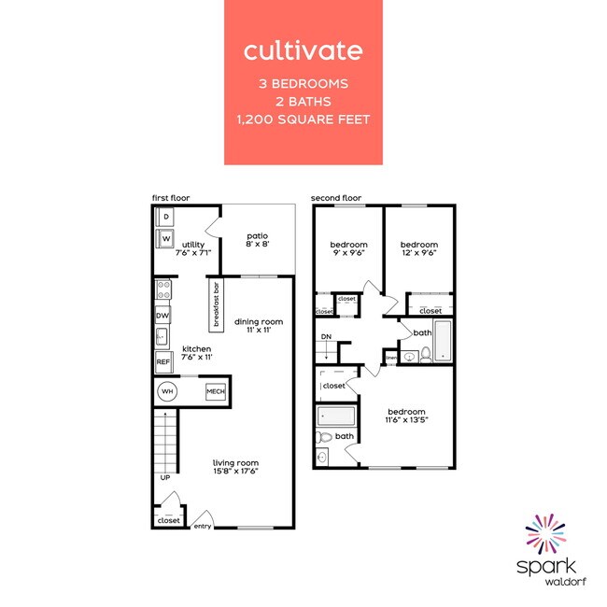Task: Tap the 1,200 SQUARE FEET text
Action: point(303,119)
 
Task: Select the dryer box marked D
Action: point(166,218)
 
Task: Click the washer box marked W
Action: point(166,239)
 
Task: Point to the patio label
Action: point(258,240)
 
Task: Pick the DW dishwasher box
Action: point(162,316)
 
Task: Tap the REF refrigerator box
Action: point(162,361)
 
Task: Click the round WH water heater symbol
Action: point(167,391)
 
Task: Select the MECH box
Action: point(216,391)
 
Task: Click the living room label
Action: point(234,467)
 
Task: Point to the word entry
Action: point(202,526)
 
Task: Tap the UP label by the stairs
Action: point(164,477)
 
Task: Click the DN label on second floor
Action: point(326,336)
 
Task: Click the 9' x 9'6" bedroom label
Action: point(347,248)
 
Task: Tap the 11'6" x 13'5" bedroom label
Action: point(406,416)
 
